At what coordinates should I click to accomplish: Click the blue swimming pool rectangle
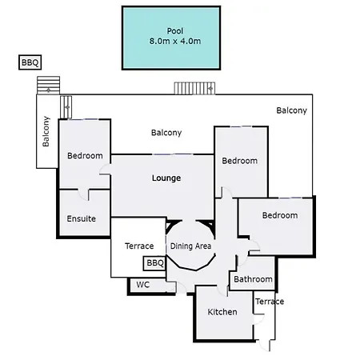point(171,38)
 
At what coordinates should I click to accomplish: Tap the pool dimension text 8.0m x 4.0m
point(175,41)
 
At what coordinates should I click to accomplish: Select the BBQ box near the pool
point(30,62)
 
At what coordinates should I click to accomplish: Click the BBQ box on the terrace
point(154,263)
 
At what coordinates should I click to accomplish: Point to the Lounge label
point(166,178)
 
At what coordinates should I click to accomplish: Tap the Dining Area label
point(190,246)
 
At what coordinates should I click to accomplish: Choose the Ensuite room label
point(81,218)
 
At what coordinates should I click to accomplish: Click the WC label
point(143,285)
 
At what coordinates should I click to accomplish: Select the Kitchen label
point(222,312)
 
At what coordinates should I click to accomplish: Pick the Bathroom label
point(253,279)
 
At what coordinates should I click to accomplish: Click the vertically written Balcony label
point(46,131)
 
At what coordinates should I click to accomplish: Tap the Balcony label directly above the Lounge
point(166,133)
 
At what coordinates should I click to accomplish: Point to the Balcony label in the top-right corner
point(291,110)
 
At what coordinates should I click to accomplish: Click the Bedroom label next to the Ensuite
point(85,155)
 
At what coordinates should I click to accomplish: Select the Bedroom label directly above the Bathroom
point(280,215)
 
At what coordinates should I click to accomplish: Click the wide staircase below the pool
point(194,88)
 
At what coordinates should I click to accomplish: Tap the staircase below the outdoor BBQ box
point(48,85)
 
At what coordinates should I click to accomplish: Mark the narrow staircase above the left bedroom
point(66,107)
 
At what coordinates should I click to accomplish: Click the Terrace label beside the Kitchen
point(270,302)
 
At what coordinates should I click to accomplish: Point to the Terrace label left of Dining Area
point(139,246)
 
